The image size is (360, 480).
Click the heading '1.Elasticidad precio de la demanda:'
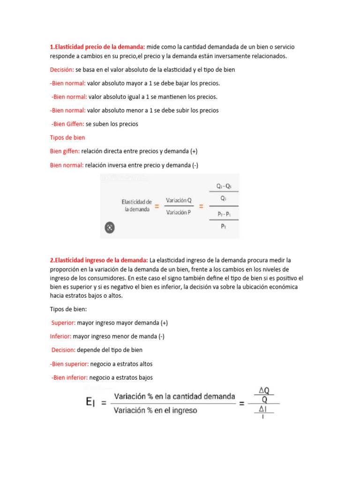click(x=97, y=47)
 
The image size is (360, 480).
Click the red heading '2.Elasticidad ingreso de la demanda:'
click(x=99, y=260)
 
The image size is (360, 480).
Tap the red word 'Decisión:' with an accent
click(x=62, y=69)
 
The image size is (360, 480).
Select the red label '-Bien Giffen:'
click(x=68, y=124)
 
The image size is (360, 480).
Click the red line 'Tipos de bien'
click(x=67, y=138)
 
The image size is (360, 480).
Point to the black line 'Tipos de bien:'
click(x=68, y=309)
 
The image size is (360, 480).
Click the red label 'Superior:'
click(x=64, y=322)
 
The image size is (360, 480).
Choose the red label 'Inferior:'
click(x=61, y=336)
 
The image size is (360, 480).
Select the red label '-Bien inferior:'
click(x=69, y=377)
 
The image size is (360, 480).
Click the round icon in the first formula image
click(x=109, y=228)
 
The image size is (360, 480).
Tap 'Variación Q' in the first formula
click(x=179, y=200)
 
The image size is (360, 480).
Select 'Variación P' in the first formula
click(x=179, y=212)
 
